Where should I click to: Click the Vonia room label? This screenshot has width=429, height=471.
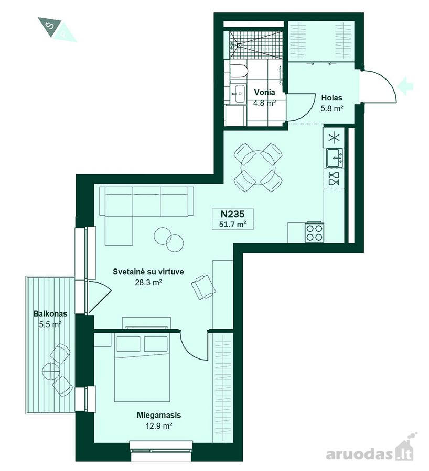pos(264,92)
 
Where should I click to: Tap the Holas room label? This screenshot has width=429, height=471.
pos(331,98)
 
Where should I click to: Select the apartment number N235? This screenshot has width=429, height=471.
pos(232,214)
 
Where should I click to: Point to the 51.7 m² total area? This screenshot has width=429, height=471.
pos(232,224)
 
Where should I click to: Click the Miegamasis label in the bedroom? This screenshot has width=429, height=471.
pos(159,415)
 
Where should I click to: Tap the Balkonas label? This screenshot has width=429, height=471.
pos(50,314)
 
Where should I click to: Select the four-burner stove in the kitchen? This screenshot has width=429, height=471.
pos(315,232)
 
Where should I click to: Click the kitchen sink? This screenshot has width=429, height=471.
pos(335,158)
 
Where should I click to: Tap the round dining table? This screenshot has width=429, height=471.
pos(258,167)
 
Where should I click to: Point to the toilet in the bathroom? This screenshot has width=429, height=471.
pos(239,72)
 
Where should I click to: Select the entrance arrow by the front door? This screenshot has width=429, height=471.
pos(405,86)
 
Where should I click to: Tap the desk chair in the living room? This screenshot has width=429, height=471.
pos(203,287)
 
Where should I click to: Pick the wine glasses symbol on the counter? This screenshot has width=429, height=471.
pos(334,178)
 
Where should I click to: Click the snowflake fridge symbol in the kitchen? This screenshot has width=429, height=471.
pos(333,138)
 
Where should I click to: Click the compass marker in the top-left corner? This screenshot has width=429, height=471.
pos(57,29)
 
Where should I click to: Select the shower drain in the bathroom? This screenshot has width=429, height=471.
pos(239,45)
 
